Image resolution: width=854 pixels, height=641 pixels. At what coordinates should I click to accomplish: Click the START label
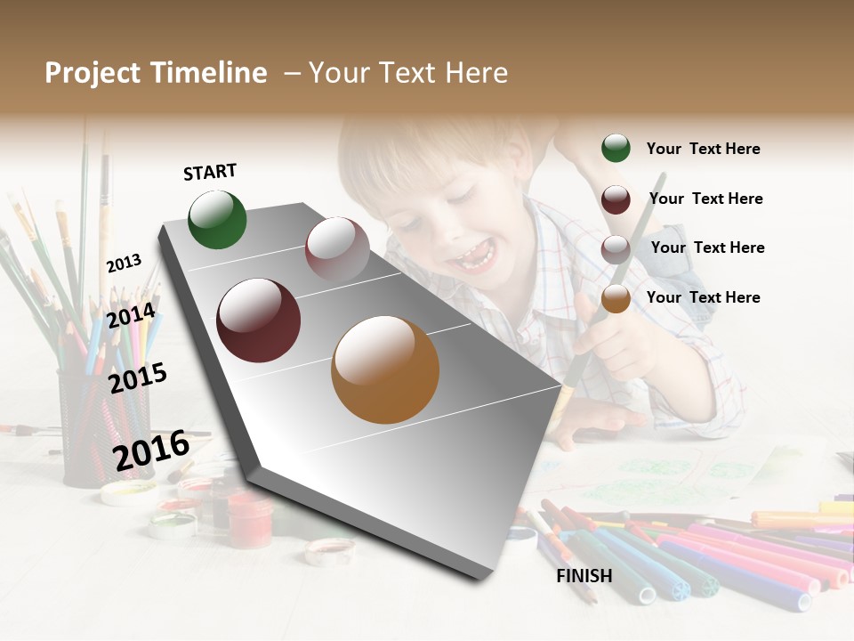coord(210,172)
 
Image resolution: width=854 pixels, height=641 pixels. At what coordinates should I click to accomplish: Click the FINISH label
coord(584,576)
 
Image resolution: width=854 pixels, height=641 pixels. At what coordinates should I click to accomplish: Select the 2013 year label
coord(124,264)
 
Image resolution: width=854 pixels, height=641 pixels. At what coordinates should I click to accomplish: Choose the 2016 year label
coord(151,450)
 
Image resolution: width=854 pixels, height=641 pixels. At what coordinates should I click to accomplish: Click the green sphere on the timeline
coord(217,220)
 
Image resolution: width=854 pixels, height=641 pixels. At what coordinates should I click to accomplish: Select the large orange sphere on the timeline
coord(385,369)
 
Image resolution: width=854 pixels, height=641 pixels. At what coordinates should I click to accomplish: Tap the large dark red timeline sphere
coord(259,320)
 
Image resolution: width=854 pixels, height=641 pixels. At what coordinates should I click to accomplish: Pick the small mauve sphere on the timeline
coord(337,248)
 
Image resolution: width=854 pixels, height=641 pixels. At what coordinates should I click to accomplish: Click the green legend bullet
coord(616,149)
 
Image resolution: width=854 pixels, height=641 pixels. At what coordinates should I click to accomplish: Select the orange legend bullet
coord(616,298)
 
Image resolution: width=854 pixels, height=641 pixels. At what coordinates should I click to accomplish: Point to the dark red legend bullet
coord(616,199)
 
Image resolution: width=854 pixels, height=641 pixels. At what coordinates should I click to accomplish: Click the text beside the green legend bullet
coord(703,149)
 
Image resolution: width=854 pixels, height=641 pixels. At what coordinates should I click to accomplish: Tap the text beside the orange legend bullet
coord(703,297)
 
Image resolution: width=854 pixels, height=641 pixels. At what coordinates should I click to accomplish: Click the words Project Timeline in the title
coord(156,73)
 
